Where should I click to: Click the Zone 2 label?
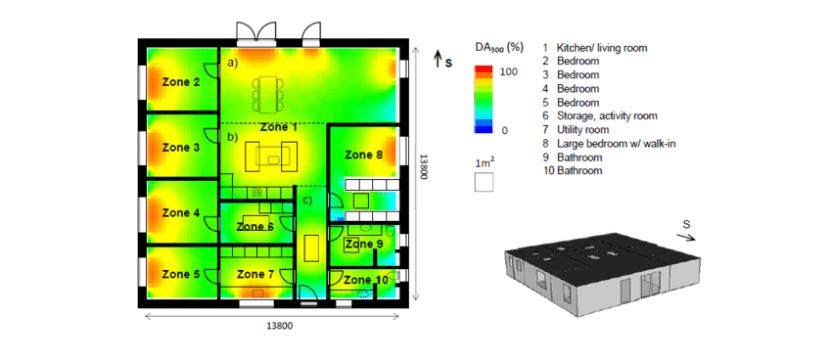pos(181,81)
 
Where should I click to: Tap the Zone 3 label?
pos(181,147)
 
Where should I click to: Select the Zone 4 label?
pos(181,212)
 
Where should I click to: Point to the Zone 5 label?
pos(181,274)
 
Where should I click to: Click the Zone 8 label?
pos(363,155)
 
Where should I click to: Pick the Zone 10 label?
pos(365,280)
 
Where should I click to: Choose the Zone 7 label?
pos(257,275)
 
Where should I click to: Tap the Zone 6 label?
pos(255,226)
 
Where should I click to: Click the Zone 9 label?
pos(364,244)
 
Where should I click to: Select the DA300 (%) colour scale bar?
pos(483,98)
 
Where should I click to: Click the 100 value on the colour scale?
pos(508,72)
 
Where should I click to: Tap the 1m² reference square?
pos(484,182)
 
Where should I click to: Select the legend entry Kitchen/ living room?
pos(601,47)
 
